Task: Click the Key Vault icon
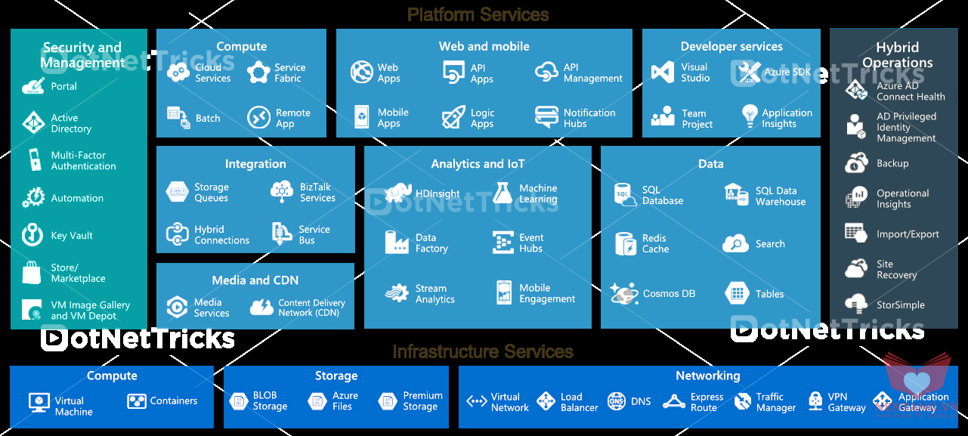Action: coord(32,235)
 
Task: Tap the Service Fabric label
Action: coord(289,73)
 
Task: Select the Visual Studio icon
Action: coord(663,73)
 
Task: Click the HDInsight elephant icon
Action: coord(398,193)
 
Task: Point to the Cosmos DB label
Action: coord(669,294)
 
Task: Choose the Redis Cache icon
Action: coord(626,243)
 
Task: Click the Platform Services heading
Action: coord(478,14)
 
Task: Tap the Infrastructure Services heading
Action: coord(483,351)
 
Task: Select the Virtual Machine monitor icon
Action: coord(39,402)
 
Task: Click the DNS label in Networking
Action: coord(641,401)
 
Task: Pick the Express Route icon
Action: coord(674,402)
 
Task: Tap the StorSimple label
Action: coord(900,305)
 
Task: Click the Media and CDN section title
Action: coord(255,280)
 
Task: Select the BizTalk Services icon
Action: coord(282,192)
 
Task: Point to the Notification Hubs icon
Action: coord(546,116)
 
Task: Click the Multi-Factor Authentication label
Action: coord(83,160)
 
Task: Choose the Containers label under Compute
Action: coord(174,401)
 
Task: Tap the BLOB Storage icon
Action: coord(239,401)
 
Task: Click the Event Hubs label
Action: coord(531,243)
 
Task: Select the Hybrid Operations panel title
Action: coord(898,55)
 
